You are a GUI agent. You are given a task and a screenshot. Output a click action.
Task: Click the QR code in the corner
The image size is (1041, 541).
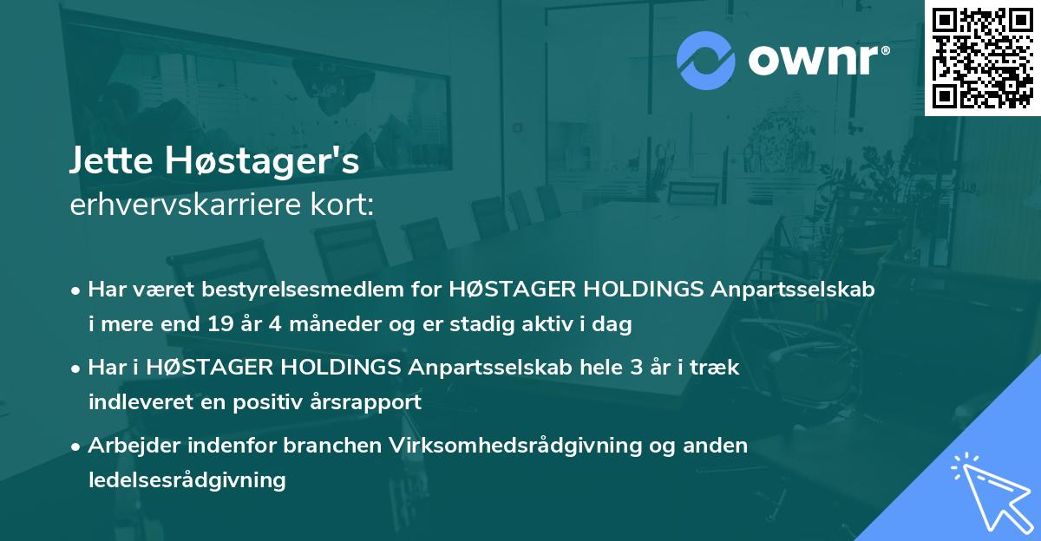(982, 58)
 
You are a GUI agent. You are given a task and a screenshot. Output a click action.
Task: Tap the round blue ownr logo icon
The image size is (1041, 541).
(707, 59)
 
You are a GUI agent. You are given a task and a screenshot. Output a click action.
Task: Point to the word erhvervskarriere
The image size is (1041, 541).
(174, 205)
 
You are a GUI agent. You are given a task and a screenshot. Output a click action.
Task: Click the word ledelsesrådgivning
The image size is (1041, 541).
(187, 479)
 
